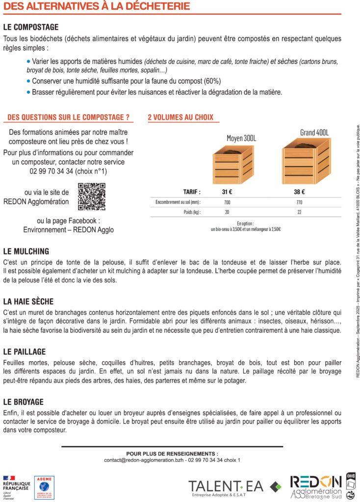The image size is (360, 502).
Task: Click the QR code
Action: tap(92, 197)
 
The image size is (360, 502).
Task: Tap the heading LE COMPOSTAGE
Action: tap(30, 27)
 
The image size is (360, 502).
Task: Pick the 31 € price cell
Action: tap(227, 192)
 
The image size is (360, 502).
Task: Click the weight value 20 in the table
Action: tap(227, 212)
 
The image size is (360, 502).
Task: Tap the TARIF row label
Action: tap(191, 192)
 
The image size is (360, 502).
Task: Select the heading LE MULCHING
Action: tap(26, 251)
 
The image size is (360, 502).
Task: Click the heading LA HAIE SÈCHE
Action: tap(28, 301)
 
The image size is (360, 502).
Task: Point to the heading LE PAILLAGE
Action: tap(25, 351)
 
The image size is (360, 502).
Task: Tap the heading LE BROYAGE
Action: tap(23, 402)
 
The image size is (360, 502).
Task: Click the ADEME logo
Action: tap(44, 487)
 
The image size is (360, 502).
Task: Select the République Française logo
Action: tap(16, 487)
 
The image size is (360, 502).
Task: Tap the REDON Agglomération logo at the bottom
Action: tap(316, 486)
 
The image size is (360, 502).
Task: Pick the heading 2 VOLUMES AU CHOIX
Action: tap(180, 118)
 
